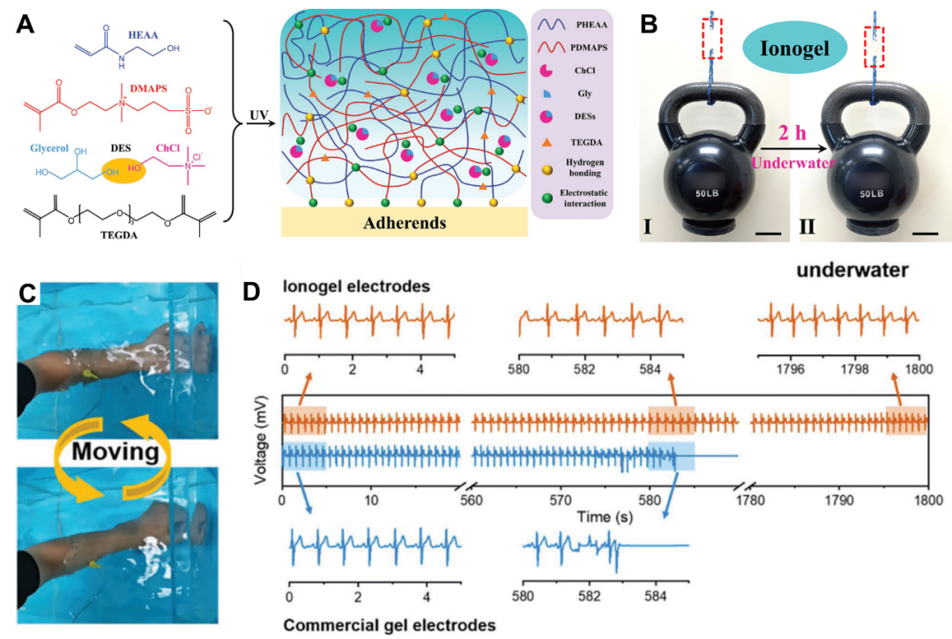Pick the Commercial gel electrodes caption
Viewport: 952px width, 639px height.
click(x=388, y=624)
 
